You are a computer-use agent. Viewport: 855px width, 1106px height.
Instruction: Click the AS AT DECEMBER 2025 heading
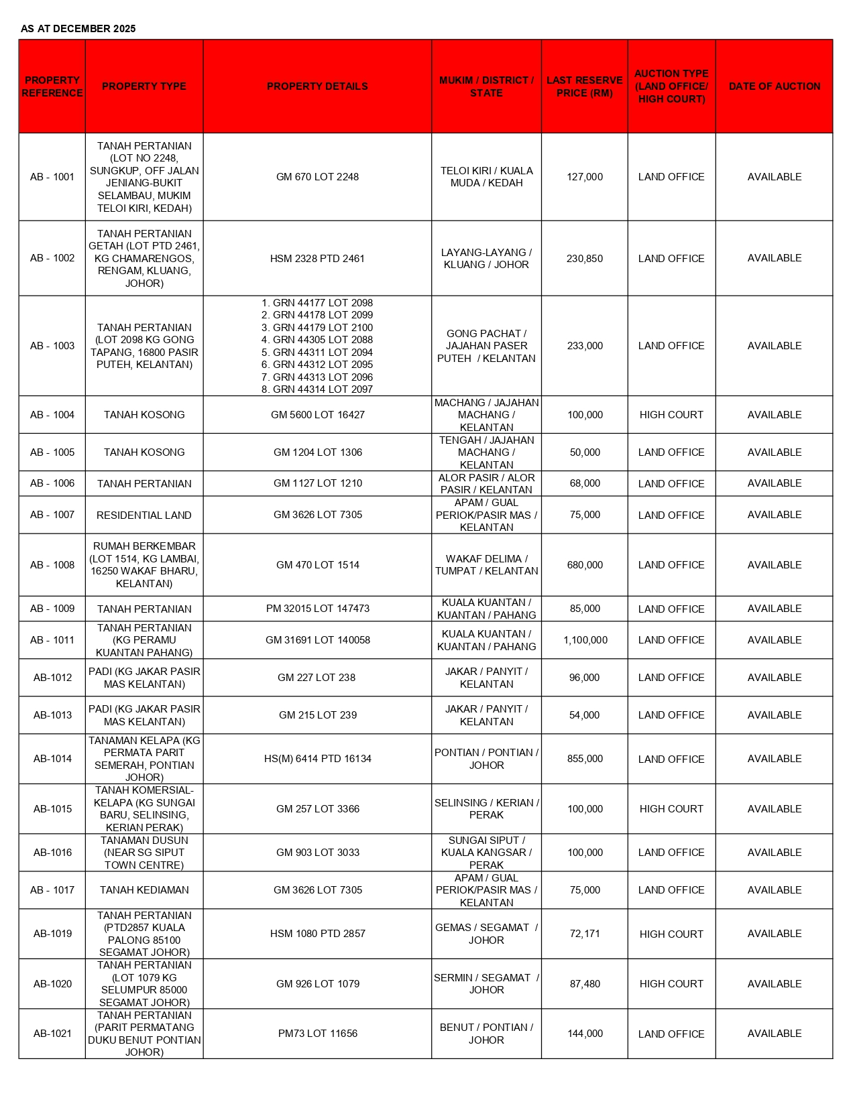point(78,28)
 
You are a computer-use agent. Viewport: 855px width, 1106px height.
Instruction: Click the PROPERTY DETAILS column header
point(317,86)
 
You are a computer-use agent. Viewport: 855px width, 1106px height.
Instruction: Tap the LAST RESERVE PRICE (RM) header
point(584,86)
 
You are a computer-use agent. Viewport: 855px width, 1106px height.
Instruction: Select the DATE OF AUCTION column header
point(774,86)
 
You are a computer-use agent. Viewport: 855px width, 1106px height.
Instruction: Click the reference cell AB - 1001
point(52,177)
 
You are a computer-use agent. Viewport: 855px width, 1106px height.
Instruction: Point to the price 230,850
point(584,258)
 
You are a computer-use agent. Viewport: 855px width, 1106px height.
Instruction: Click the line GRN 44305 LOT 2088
point(317,340)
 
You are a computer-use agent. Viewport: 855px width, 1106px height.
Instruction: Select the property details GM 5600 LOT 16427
point(317,415)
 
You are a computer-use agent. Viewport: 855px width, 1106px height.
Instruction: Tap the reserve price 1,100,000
point(585,640)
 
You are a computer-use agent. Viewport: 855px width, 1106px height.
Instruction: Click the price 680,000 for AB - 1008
point(585,565)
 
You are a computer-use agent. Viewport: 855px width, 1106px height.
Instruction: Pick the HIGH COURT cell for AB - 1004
point(671,415)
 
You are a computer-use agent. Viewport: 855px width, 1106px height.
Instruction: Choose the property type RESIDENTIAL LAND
point(144,515)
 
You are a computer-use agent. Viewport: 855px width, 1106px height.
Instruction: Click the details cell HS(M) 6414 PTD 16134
point(317,759)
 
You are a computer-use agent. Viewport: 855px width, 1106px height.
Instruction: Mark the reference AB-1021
point(52,1034)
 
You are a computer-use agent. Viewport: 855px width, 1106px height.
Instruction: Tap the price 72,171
point(585,934)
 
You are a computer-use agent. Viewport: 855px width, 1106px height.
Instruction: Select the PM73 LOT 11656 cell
point(317,1034)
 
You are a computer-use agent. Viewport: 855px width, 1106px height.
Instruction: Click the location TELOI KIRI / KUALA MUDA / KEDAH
point(486,177)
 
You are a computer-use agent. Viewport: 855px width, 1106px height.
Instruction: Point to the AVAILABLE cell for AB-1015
point(774,809)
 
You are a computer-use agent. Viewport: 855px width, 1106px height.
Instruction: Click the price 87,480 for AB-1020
point(585,984)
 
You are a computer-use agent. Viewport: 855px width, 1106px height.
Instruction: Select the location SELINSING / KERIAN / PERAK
point(486,809)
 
